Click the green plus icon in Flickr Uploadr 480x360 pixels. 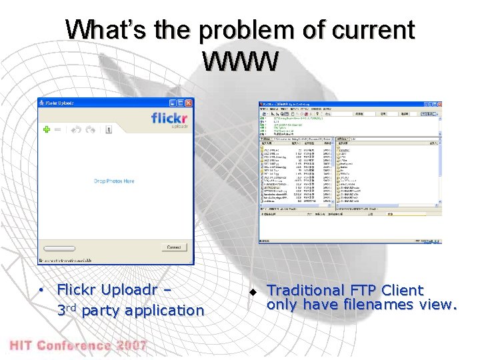[46, 129]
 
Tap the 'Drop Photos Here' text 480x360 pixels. [114, 181]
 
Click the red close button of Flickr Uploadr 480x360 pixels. [189, 103]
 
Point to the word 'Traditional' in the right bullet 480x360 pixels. [304, 291]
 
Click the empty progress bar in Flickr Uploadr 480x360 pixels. [100, 247]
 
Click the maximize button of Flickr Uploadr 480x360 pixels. [181, 103]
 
